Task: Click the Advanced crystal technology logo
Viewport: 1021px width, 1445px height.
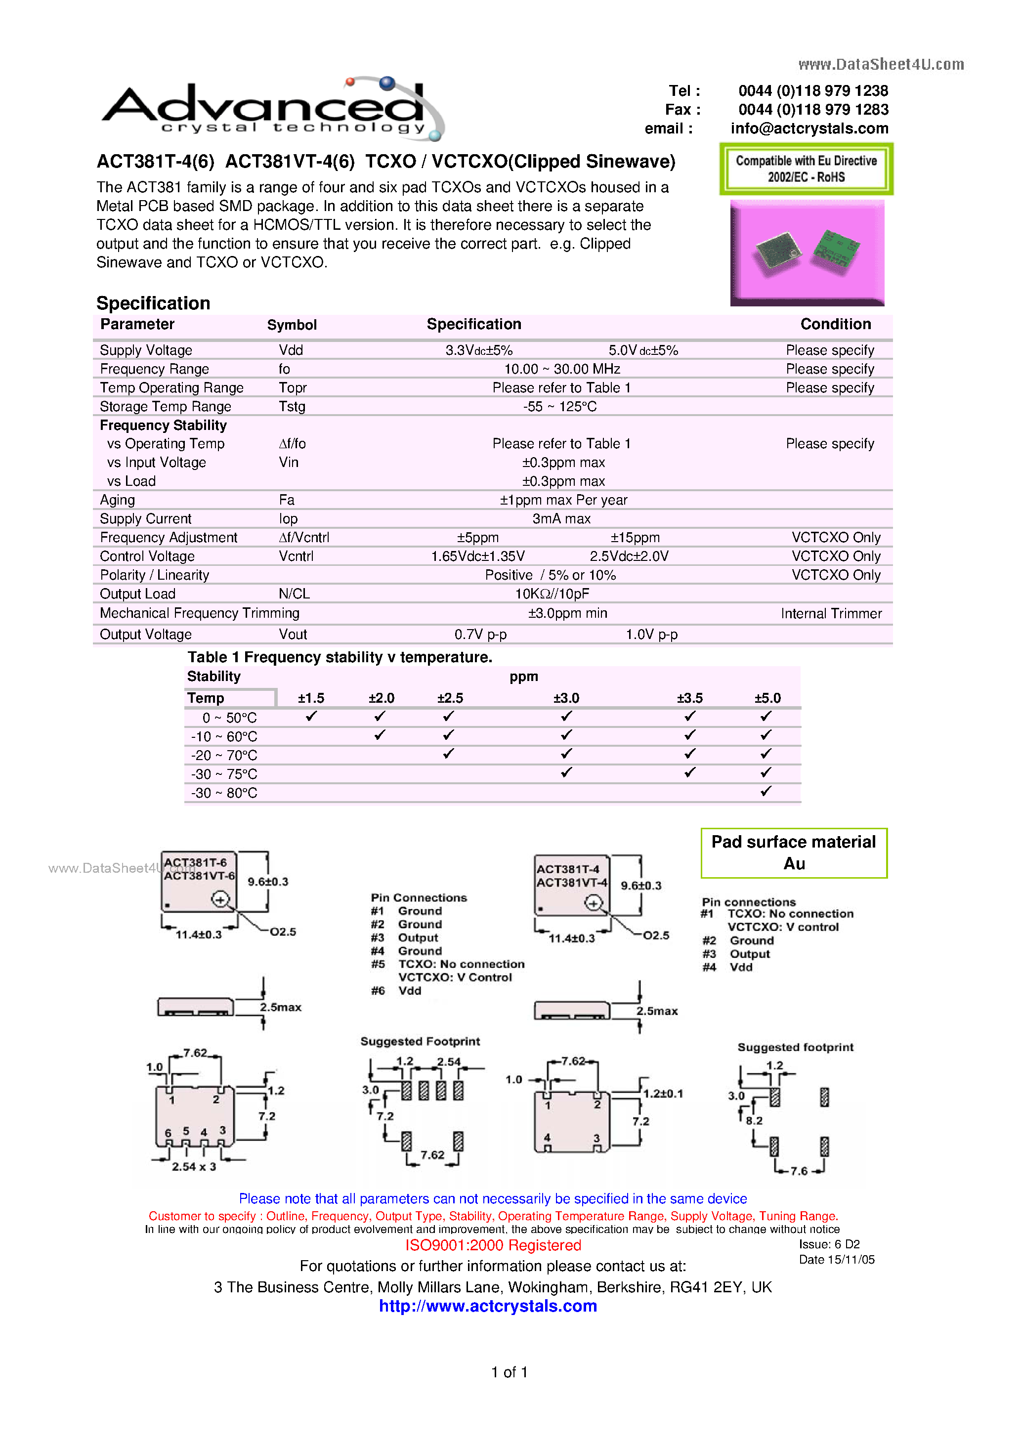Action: (x=272, y=108)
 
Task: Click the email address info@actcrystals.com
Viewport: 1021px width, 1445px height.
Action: (x=809, y=128)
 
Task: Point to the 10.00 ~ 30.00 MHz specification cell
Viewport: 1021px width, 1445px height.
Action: (x=561, y=369)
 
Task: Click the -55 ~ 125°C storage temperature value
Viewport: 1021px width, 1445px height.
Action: (x=559, y=407)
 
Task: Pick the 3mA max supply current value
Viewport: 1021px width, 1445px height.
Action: (x=561, y=518)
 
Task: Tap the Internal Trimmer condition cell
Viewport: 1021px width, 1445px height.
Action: (x=831, y=614)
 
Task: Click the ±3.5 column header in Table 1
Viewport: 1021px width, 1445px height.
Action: (x=689, y=698)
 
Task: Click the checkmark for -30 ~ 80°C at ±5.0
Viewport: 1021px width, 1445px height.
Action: (x=766, y=792)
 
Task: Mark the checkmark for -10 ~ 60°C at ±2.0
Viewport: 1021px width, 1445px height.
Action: (x=380, y=735)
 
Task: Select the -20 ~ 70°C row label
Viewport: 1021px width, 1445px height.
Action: (x=224, y=755)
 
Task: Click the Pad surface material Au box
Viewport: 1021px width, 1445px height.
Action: (x=793, y=853)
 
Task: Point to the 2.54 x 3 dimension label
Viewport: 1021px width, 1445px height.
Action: (x=194, y=1167)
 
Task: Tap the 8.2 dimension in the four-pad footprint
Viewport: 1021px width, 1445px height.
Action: (x=754, y=1121)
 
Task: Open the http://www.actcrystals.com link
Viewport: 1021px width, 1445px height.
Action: (x=488, y=1306)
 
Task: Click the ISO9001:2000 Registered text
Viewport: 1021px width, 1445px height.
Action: (x=493, y=1245)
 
